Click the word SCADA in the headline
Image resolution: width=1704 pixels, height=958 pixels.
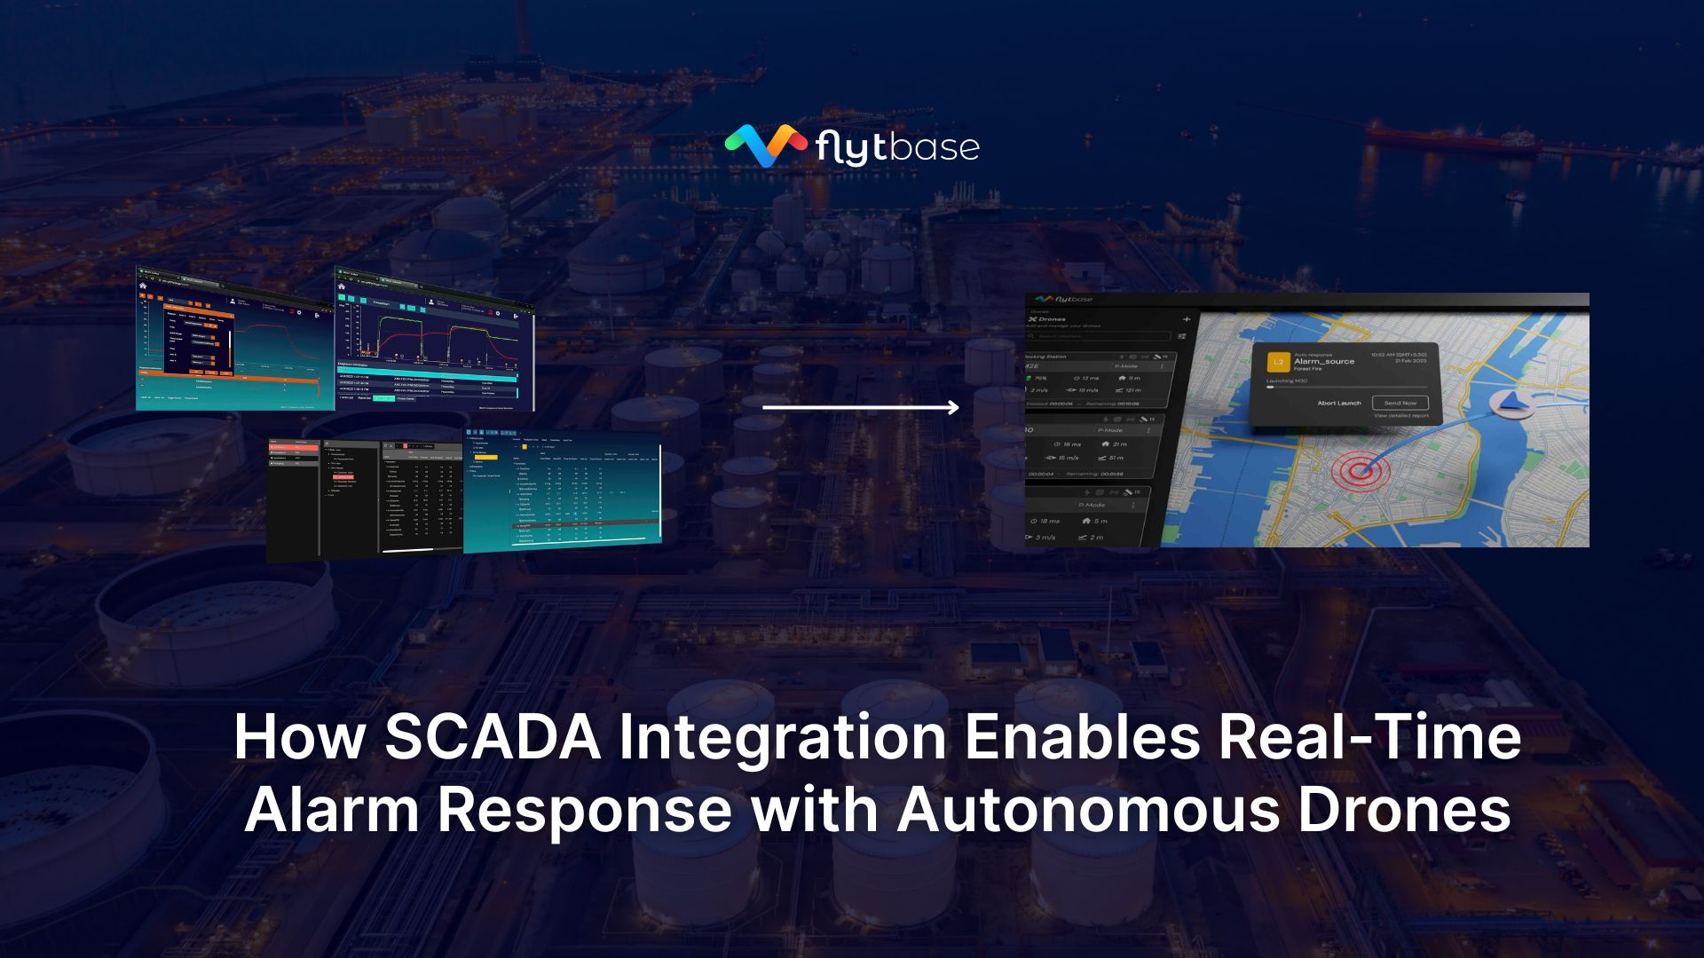click(493, 737)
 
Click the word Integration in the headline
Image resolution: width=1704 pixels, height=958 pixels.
click(782, 737)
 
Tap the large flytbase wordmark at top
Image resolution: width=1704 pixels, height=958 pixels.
click(896, 147)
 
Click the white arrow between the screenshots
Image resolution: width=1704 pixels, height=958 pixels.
click(860, 407)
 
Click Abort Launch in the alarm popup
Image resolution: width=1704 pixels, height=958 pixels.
click(1338, 403)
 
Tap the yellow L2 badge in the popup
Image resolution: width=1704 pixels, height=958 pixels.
click(1278, 362)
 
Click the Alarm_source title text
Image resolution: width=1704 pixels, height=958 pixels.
click(1324, 361)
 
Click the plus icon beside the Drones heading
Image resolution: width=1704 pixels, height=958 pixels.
click(1186, 319)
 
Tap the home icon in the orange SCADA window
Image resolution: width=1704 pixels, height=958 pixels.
click(143, 286)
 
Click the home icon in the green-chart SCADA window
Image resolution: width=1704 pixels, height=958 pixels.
click(341, 286)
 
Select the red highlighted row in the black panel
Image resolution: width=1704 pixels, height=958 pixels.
click(294, 449)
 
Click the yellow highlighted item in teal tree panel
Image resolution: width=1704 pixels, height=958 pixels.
click(485, 458)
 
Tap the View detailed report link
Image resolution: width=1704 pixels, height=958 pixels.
click(1400, 415)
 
